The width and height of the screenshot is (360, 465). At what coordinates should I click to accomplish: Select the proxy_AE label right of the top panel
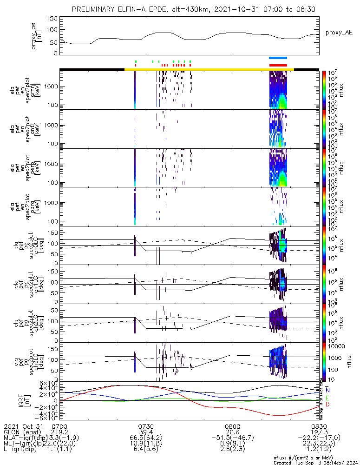[x=340, y=32]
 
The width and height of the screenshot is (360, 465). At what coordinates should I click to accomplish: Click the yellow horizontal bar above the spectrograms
[x=209, y=69]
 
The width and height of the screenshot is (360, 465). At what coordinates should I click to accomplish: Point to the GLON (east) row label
[x=23, y=432]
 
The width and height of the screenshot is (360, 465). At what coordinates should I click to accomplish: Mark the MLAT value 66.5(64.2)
[x=146, y=438]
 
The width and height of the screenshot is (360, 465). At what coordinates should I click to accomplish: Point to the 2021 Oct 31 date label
[x=22, y=426]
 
